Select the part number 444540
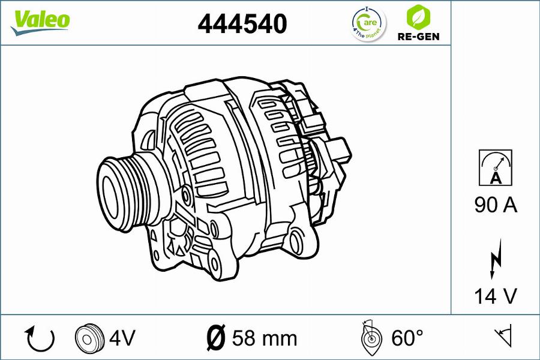coord(242,23)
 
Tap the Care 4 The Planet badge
coord(369,23)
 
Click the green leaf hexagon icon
coord(418,17)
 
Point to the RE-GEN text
coord(418,36)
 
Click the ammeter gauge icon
coord(495,168)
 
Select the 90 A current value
coord(496,205)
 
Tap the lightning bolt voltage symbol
coord(496,259)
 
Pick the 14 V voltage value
coord(496,296)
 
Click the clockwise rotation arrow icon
coord(40,338)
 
